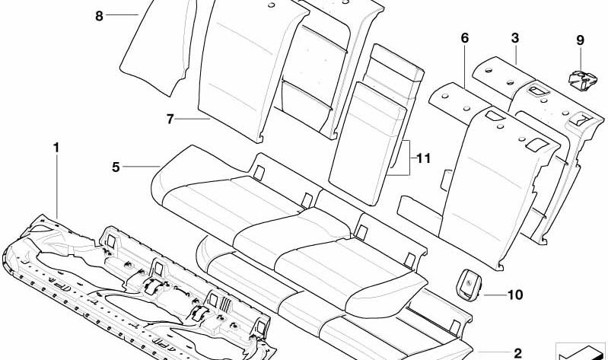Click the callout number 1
pyautogui.click(x=56, y=148)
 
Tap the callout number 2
pyautogui.click(x=517, y=353)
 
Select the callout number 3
pyautogui.click(x=515, y=38)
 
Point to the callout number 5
pyautogui.click(x=116, y=167)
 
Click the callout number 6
pyautogui.click(x=464, y=38)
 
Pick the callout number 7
pyautogui.click(x=170, y=119)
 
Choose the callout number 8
pyautogui.click(x=99, y=16)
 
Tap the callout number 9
pyautogui.click(x=580, y=40)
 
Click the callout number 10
pyautogui.click(x=515, y=295)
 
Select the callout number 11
pyautogui.click(x=423, y=158)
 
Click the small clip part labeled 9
pyautogui.click(x=582, y=79)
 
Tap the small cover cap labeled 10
pyautogui.click(x=469, y=285)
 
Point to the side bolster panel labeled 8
pyautogui.click(x=158, y=46)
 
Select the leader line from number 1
pyautogui.click(x=57, y=186)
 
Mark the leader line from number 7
pyautogui.click(x=193, y=119)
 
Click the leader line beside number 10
pyautogui.click(x=495, y=295)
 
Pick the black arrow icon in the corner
pyautogui.click(x=581, y=352)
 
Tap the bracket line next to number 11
pyautogui.click(x=405, y=158)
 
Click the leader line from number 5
pyautogui.click(x=142, y=167)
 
